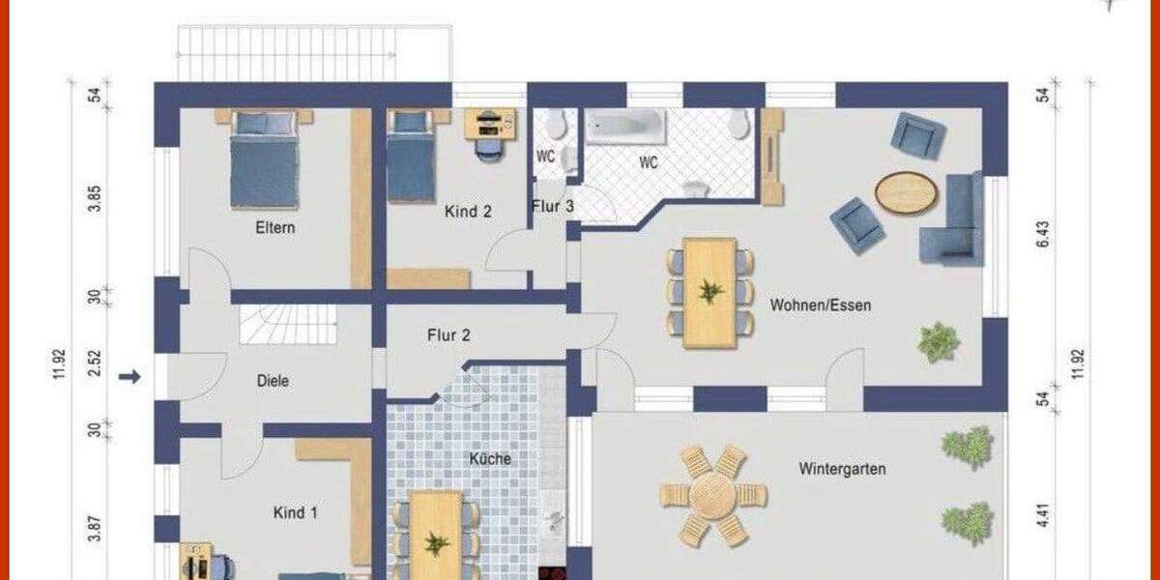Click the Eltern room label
(x=275, y=229)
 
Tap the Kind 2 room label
(x=468, y=211)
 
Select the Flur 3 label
(x=552, y=206)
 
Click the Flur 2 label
(x=449, y=336)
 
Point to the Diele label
(x=273, y=381)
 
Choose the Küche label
(x=490, y=459)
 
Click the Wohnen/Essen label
(x=821, y=305)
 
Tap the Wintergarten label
(x=842, y=470)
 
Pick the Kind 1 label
(x=295, y=512)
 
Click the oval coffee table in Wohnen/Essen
(x=906, y=192)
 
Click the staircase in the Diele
(x=288, y=324)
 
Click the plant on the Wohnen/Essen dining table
(x=710, y=290)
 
